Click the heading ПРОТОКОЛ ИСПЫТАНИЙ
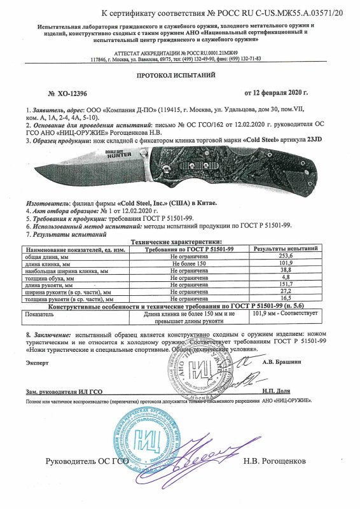180,75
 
